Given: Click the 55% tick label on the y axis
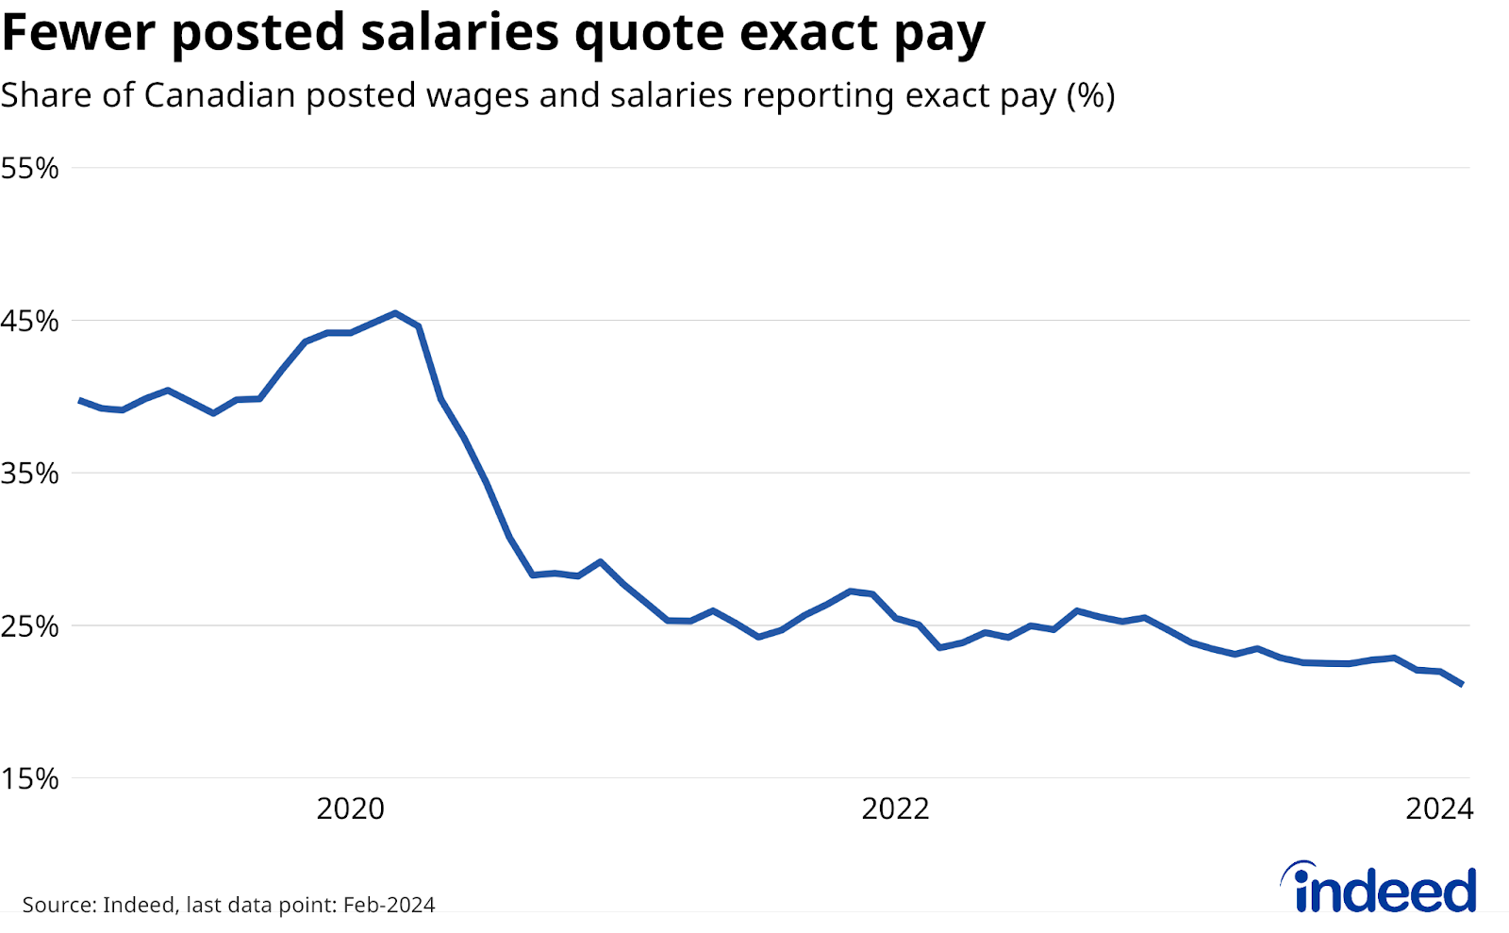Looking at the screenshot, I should pos(29,169).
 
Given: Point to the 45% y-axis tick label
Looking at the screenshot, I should pos(29,322).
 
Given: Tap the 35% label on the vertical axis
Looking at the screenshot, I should pos(29,475).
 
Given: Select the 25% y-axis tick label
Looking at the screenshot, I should pos(29,626).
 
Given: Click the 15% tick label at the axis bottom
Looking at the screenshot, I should pos(29,779).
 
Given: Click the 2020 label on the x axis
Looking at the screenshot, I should pos(350,809).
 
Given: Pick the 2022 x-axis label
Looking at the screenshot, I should pos(895,809).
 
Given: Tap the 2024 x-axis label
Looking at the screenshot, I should pos(1439,809).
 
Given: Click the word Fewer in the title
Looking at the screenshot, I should pos(79,33).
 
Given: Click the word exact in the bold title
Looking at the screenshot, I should pos(808,33).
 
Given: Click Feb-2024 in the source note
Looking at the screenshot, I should pos(389,905).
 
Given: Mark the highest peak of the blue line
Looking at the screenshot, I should pos(395,313).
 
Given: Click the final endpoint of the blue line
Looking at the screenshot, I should pos(1462,684).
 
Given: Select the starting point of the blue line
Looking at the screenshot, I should pos(79,401).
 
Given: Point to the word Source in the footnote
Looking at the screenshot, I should pos(57,905).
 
